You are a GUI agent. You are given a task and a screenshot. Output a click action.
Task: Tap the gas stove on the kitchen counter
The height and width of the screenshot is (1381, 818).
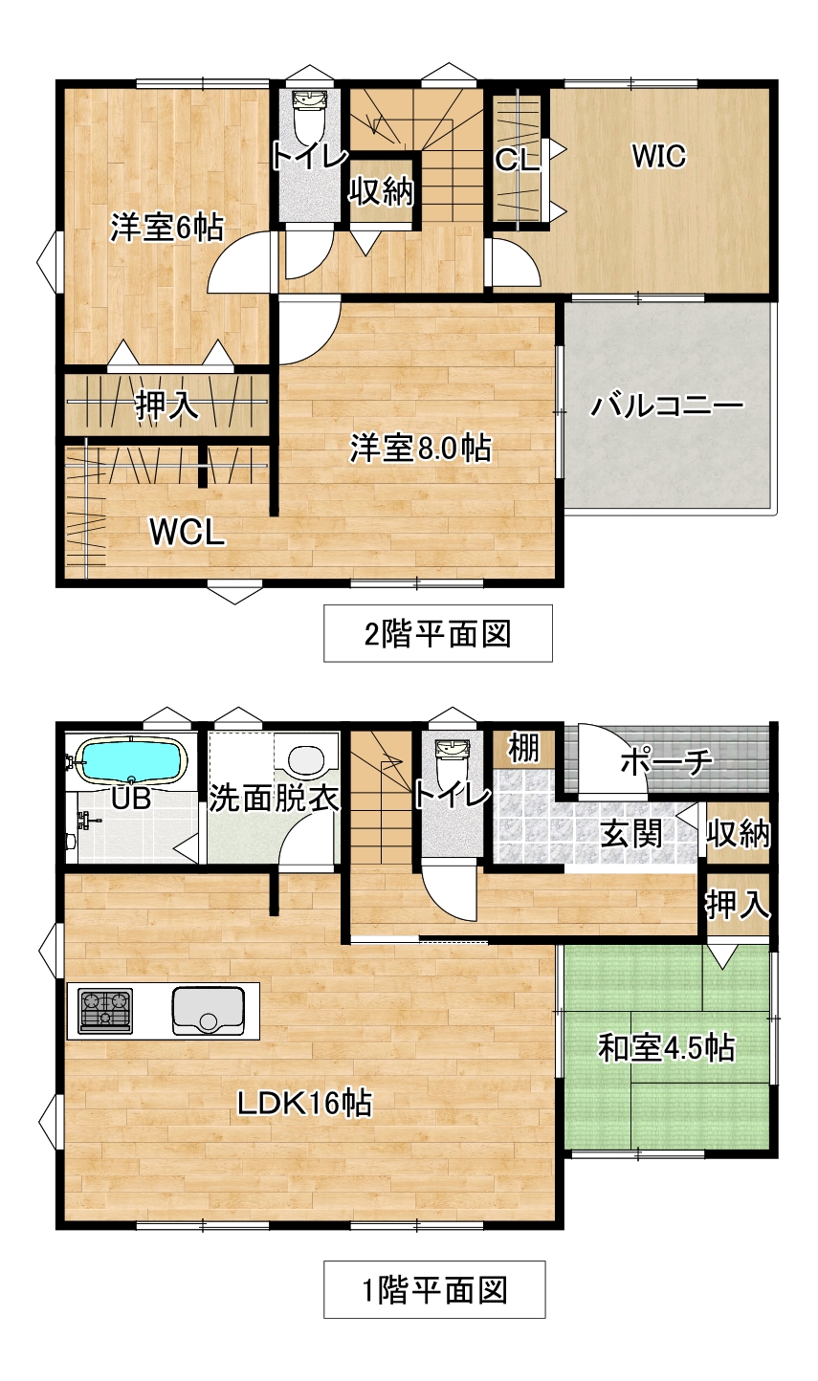pyautogui.click(x=105, y=1011)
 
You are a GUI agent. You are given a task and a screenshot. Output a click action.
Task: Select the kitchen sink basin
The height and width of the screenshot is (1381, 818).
pyautogui.click(x=208, y=1011)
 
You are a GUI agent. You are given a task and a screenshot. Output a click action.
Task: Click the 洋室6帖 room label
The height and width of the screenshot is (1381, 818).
pyautogui.click(x=166, y=229)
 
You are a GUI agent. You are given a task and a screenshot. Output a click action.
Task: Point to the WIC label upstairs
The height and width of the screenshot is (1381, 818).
pyautogui.click(x=659, y=156)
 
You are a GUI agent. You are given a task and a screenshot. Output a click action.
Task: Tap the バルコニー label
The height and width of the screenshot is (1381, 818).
pyautogui.click(x=668, y=406)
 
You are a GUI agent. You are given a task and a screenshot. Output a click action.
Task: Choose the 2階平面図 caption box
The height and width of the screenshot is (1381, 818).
pyautogui.click(x=438, y=633)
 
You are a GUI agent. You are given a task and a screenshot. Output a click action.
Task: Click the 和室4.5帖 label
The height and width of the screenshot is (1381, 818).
pyautogui.click(x=667, y=1047)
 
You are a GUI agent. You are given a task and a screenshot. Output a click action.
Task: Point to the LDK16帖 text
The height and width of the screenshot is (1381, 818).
pyautogui.click(x=305, y=1103)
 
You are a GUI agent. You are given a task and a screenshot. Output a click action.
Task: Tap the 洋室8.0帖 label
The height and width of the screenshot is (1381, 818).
pyautogui.click(x=421, y=448)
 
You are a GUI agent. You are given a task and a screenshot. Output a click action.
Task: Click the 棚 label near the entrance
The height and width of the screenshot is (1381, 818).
pyautogui.click(x=523, y=748)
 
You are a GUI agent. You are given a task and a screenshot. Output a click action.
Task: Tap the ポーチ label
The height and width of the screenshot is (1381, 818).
pyautogui.click(x=666, y=762)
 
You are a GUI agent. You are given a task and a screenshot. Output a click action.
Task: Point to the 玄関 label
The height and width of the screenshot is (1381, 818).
pyautogui.click(x=631, y=834)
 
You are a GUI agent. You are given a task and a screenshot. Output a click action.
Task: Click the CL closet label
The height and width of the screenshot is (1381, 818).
pyautogui.click(x=518, y=161)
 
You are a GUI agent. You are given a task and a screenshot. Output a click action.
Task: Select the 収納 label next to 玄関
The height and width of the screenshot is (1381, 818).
pyautogui.click(x=738, y=834)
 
